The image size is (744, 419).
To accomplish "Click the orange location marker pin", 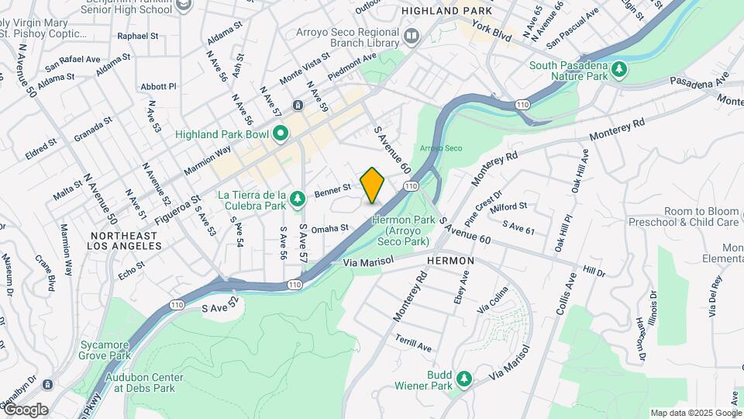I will tap(373, 185).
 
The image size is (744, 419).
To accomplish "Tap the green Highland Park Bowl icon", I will tap(281, 133).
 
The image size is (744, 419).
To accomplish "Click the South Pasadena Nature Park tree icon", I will tap(618, 71).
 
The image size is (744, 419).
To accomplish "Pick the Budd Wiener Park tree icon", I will tap(463, 378).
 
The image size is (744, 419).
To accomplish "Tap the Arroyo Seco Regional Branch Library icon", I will tap(412, 36).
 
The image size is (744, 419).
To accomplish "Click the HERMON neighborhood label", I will tap(449, 262).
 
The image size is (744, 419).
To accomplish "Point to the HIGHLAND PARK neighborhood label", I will tap(436, 12).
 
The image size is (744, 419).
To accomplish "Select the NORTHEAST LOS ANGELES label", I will tap(126, 241).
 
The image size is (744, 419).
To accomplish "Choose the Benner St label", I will tap(334, 188).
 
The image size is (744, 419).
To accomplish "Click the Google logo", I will tap(26, 409).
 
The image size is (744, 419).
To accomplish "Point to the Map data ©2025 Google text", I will tap(695, 413).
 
